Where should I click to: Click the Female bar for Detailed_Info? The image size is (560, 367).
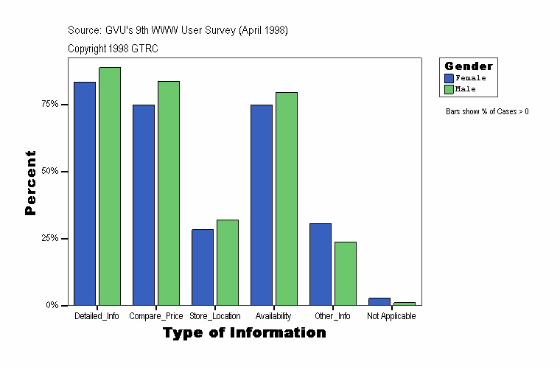coord(85,193)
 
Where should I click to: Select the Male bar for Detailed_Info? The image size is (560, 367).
coord(110,186)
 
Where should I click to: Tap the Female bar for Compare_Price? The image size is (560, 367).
coord(144,205)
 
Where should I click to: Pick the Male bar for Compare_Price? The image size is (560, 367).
coord(169,193)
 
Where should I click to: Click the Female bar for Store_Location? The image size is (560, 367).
coord(203,267)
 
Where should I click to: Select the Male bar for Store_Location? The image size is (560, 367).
coord(228,262)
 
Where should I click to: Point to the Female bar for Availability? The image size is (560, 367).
coord(262,205)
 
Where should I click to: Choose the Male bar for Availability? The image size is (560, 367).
coord(287,198)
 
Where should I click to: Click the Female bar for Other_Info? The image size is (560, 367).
coord(321,264)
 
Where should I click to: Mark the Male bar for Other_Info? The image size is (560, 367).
coord(346,273)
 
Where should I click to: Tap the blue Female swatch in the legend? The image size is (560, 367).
coord(449,78)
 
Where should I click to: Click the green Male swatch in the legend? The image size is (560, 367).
coord(449,89)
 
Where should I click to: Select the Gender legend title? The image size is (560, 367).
coord(469,66)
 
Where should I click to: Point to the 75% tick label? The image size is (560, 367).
coord(50,105)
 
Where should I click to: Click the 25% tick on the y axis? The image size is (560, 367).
coord(66,239)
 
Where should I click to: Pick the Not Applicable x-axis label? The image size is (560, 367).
coord(391,316)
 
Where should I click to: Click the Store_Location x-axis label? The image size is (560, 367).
coord(215,316)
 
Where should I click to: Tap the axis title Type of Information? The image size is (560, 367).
coord(245,333)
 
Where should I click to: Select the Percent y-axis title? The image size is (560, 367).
coord(30,183)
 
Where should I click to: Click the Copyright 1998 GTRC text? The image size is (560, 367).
coord(113,49)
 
